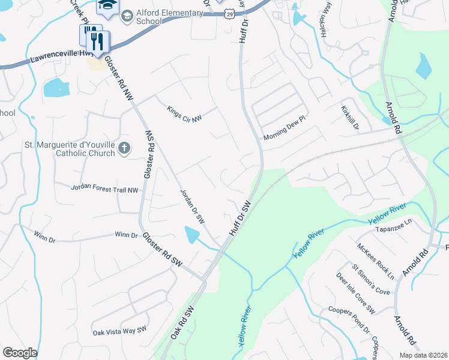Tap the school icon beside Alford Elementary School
[x=127, y=16]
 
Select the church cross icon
[x=124, y=148]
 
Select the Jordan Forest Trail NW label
[x=105, y=190]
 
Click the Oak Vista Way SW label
[x=119, y=331]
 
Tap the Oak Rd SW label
[x=182, y=325]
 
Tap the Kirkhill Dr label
[x=351, y=117]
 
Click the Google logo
[x=20, y=353]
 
